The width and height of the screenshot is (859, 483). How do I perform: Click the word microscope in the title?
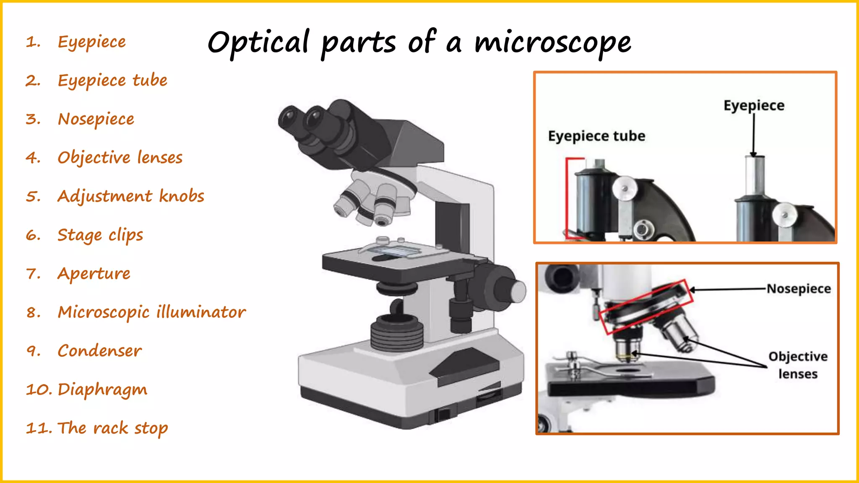[552, 42]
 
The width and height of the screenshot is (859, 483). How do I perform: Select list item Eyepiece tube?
[112, 80]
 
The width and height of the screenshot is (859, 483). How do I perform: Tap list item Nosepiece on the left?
[96, 119]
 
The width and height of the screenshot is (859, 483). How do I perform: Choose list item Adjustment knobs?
[130, 196]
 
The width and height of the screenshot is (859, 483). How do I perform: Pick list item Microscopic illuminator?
[151, 312]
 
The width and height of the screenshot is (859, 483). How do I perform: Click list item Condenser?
[99, 351]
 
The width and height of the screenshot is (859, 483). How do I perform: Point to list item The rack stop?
[112, 428]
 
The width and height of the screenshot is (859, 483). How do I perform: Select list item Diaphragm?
[102, 390]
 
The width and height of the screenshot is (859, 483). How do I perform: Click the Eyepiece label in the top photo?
[754, 105]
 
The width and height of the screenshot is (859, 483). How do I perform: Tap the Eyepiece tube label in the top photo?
[596, 136]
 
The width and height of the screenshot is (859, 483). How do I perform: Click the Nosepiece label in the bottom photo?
[799, 289]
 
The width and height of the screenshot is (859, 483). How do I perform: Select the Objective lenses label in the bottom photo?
[798, 365]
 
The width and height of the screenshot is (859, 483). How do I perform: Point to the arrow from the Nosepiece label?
[728, 289]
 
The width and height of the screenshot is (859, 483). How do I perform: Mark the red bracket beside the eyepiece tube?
[567, 197]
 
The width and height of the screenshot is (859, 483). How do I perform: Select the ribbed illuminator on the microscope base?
[396, 333]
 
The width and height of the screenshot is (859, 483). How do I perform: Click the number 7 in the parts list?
[33, 274]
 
